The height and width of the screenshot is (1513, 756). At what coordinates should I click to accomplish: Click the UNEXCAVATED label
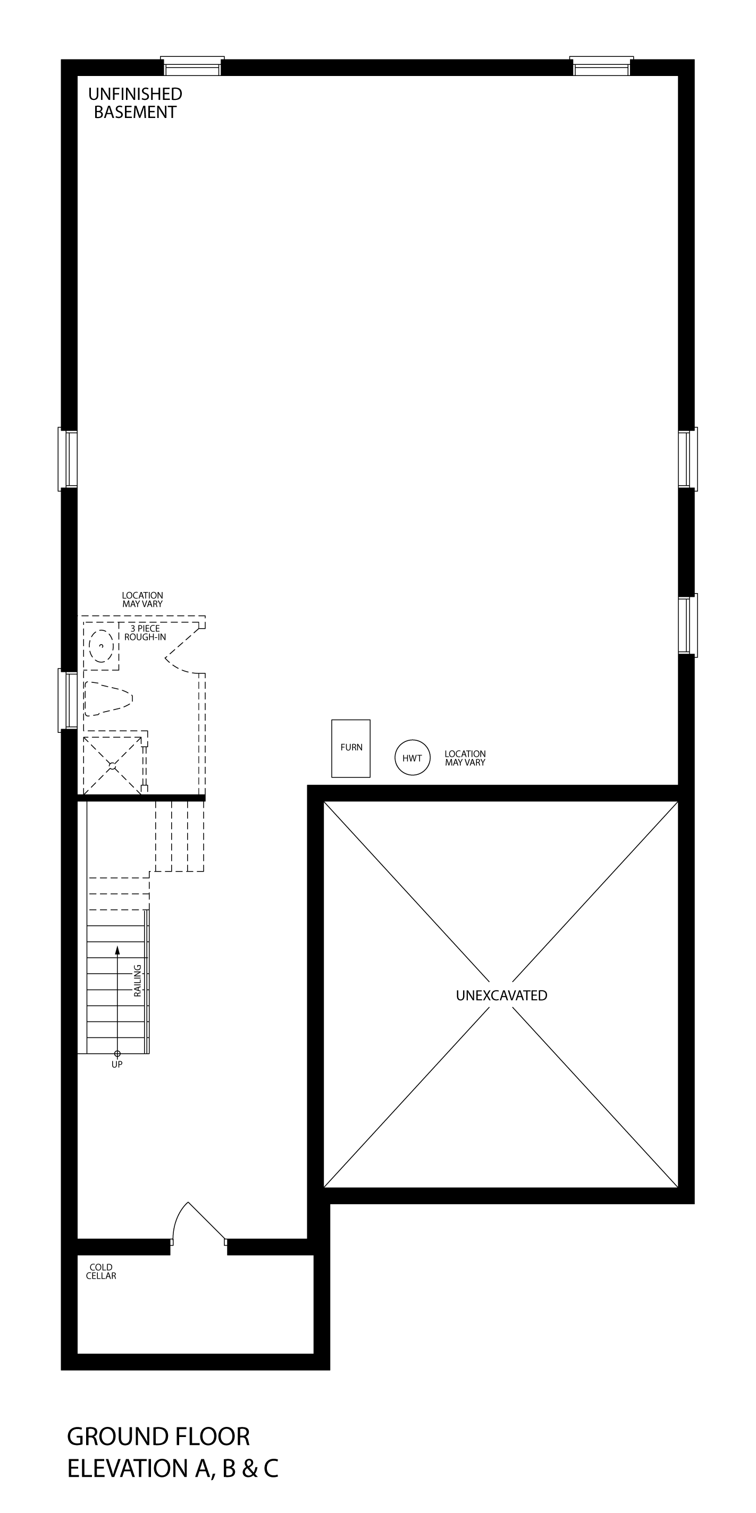click(x=502, y=995)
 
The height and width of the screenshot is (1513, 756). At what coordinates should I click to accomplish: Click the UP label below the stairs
click(x=117, y=1064)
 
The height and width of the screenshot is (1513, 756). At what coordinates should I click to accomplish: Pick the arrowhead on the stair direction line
click(x=117, y=949)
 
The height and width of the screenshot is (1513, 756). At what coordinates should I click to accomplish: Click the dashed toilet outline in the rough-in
click(x=108, y=698)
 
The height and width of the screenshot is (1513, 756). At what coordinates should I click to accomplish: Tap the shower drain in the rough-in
click(x=112, y=765)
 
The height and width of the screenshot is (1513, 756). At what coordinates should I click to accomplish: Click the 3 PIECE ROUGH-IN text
click(x=145, y=632)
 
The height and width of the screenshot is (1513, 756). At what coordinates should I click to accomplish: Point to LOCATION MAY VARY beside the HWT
click(x=465, y=758)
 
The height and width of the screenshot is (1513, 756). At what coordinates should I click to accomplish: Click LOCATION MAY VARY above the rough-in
click(x=142, y=599)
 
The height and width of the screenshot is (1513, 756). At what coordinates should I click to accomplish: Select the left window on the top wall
click(x=192, y=66)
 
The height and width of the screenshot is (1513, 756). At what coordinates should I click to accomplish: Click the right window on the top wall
click(x=601, y=66)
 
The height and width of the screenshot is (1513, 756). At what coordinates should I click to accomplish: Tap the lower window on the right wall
click(x=687, y=625)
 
